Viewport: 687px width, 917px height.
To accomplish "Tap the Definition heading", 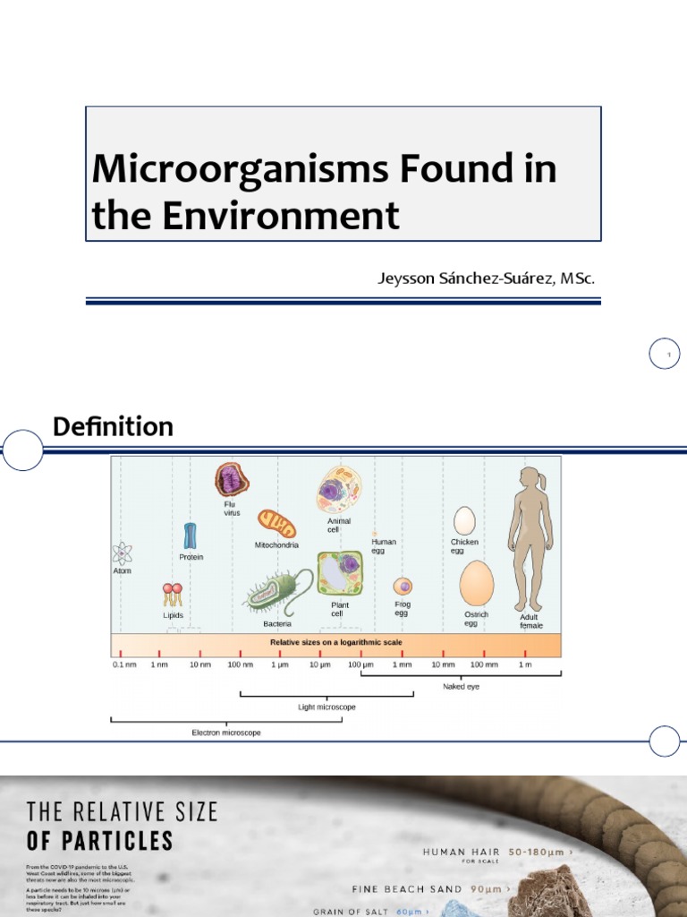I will click(113, 426).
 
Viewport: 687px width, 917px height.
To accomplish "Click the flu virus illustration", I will click(232, 480).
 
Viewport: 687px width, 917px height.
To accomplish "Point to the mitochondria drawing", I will click(276, 523).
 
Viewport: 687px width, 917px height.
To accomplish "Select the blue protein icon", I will click(190, 536).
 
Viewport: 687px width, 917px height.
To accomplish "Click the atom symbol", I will click(122, 553).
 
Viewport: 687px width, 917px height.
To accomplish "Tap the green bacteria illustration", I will click(278, 592).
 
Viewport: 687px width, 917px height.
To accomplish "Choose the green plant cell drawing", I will click(340, 574).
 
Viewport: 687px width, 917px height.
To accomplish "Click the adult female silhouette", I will click(530, 537).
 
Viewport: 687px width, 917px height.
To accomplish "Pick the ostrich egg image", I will click(477, 583).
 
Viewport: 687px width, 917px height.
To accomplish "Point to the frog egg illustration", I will click(403, 587).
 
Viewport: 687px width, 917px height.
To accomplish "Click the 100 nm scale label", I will click(241, 664).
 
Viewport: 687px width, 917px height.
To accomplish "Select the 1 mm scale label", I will click(402, 664).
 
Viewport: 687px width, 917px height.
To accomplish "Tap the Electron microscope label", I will click(226, 733).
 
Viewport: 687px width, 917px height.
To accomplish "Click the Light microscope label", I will click(327, 707).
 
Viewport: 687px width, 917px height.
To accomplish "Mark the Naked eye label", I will click(461, 686).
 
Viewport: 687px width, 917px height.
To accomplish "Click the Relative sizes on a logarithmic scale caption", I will click(336, 642).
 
